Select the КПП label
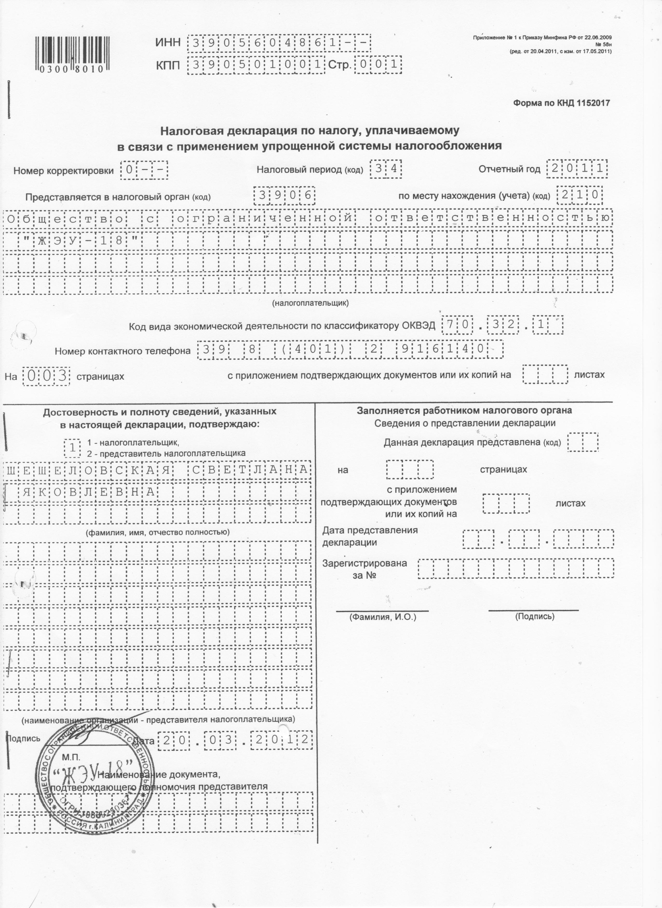click(x=168, y=65)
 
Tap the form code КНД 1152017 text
click(x=562, y=103)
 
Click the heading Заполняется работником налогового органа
click(x=464, y=410)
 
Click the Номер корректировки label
click(x=64, y=171)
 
